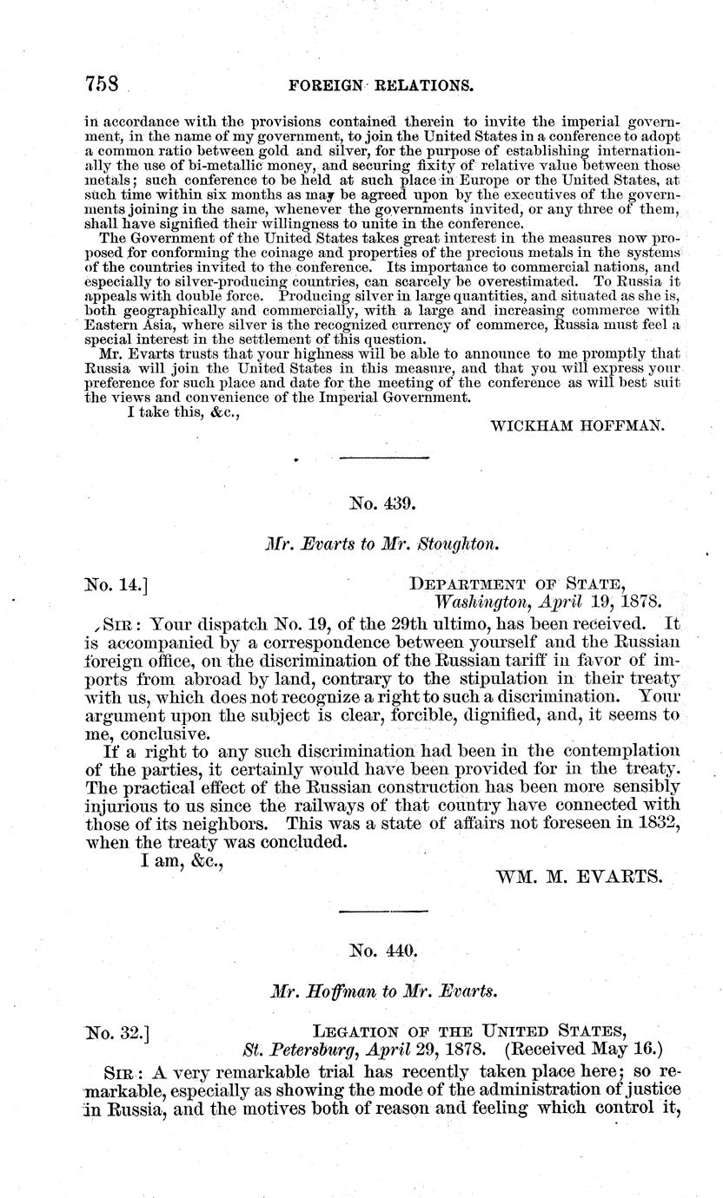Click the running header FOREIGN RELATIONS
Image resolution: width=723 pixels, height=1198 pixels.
386,85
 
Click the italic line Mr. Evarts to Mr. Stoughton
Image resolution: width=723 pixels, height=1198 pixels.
383,546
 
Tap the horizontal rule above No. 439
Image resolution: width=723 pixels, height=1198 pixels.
383,457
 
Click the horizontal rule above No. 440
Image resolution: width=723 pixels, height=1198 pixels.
383,910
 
